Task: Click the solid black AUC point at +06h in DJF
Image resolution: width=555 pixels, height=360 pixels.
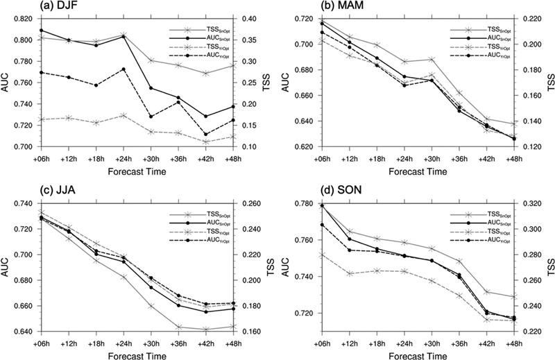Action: [41, 31]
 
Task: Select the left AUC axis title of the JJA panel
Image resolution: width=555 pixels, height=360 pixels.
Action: [6, 268]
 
